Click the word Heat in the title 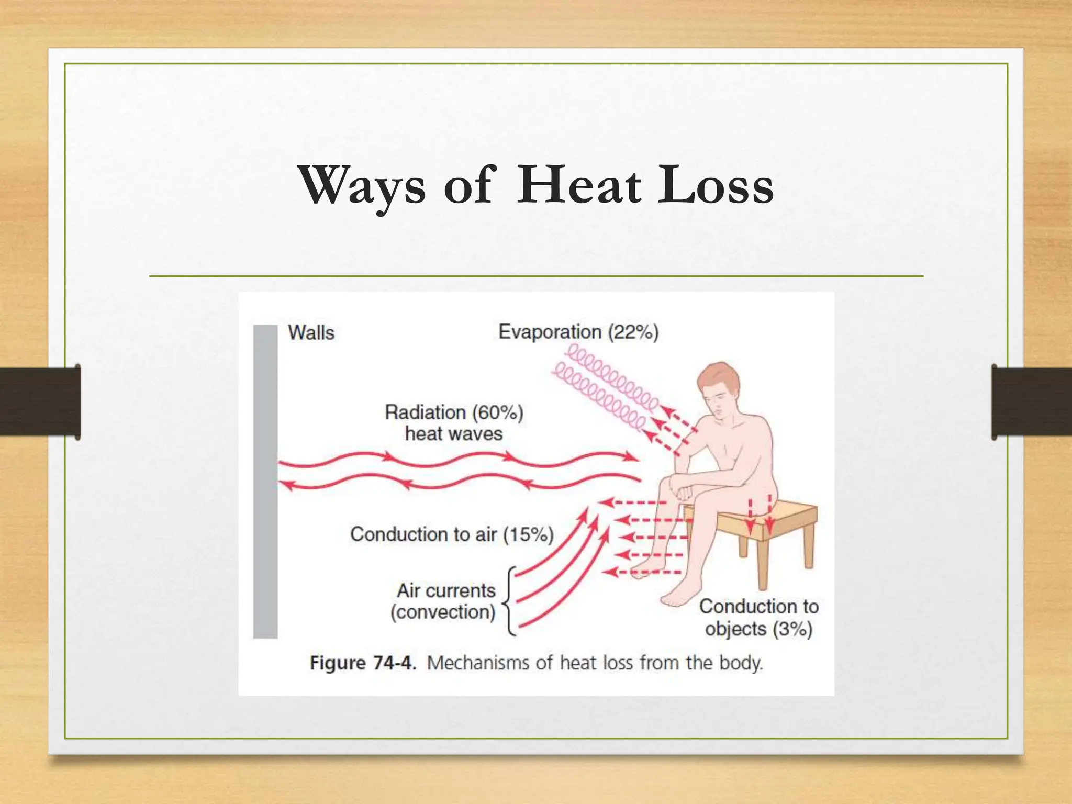pyautogui.click(x=578, y=185)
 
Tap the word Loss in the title pyautogui.click(x=716, y=185)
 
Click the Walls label pyautogui.click(x=311, y=333)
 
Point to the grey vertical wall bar pyautogui.click(x=265, y=482)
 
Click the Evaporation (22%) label pyautogui.click(x=578, y=332)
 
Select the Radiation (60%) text pyautogui.click(x=454, y=412)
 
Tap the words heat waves pyautogui.click(x=454, y=434)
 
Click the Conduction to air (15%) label pyautogui.click(x=452, y=534)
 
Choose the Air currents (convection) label pyautogui.click(x=445, y=601)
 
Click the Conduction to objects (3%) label pyautogui.click(x=758, y=618)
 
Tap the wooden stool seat pyautogui.click(x=785, y=516)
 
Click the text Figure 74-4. pyautogui.click(x=363, y=663)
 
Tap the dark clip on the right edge pyautogui.click(x=1031, y=402)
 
